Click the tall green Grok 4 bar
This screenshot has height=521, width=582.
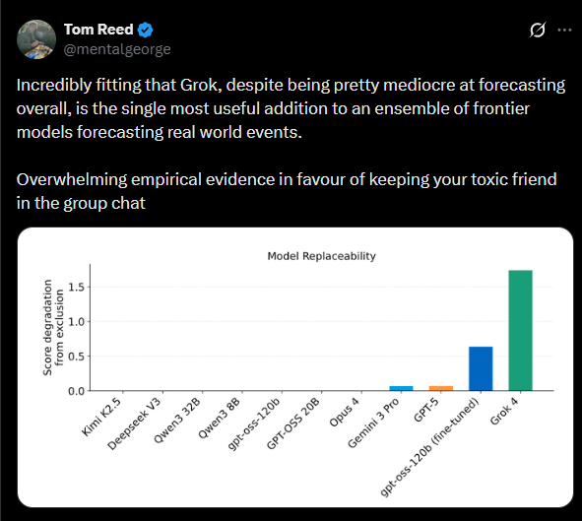pos(521,330)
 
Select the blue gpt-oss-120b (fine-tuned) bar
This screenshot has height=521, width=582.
pos(481,369)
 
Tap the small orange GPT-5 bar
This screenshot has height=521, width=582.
pos(440,388)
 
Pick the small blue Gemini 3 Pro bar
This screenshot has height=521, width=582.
pos(401,388)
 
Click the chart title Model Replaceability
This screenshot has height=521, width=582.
pos(321,256)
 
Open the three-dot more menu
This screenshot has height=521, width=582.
pos(563,30)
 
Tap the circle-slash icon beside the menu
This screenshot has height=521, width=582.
pos(538,30)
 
